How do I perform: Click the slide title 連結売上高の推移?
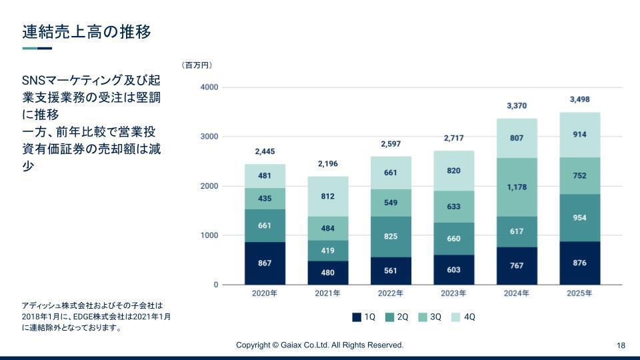click(x=86, y=31)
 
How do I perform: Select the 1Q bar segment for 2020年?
click(x=265, y=263)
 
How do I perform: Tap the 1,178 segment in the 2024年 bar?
click(x=517, y=187)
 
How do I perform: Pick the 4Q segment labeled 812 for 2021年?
click(x=327, y=197)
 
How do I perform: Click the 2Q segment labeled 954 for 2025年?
click(x=579, y=218)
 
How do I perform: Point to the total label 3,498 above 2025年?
click(x=579, y=100)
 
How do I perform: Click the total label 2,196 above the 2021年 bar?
click(x=327, y=164)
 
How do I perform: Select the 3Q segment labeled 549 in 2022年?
click(x=391, y=203)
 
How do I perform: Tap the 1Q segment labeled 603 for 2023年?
click(x=453, y=269)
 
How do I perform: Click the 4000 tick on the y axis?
click(x=209, y=87)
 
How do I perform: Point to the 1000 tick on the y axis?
click(x=209, y=235)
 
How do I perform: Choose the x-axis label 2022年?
click(x=391, y=293)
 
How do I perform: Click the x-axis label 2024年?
click(x=517, y=293)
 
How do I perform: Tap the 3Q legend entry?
click(x=430, y=317)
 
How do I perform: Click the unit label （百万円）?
click(x=197, y=65)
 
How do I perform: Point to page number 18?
click(x=621, y=345)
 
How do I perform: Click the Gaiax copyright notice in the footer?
click(x=320, y=345)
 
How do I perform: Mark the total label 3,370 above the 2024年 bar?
click(x=517, y=106)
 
